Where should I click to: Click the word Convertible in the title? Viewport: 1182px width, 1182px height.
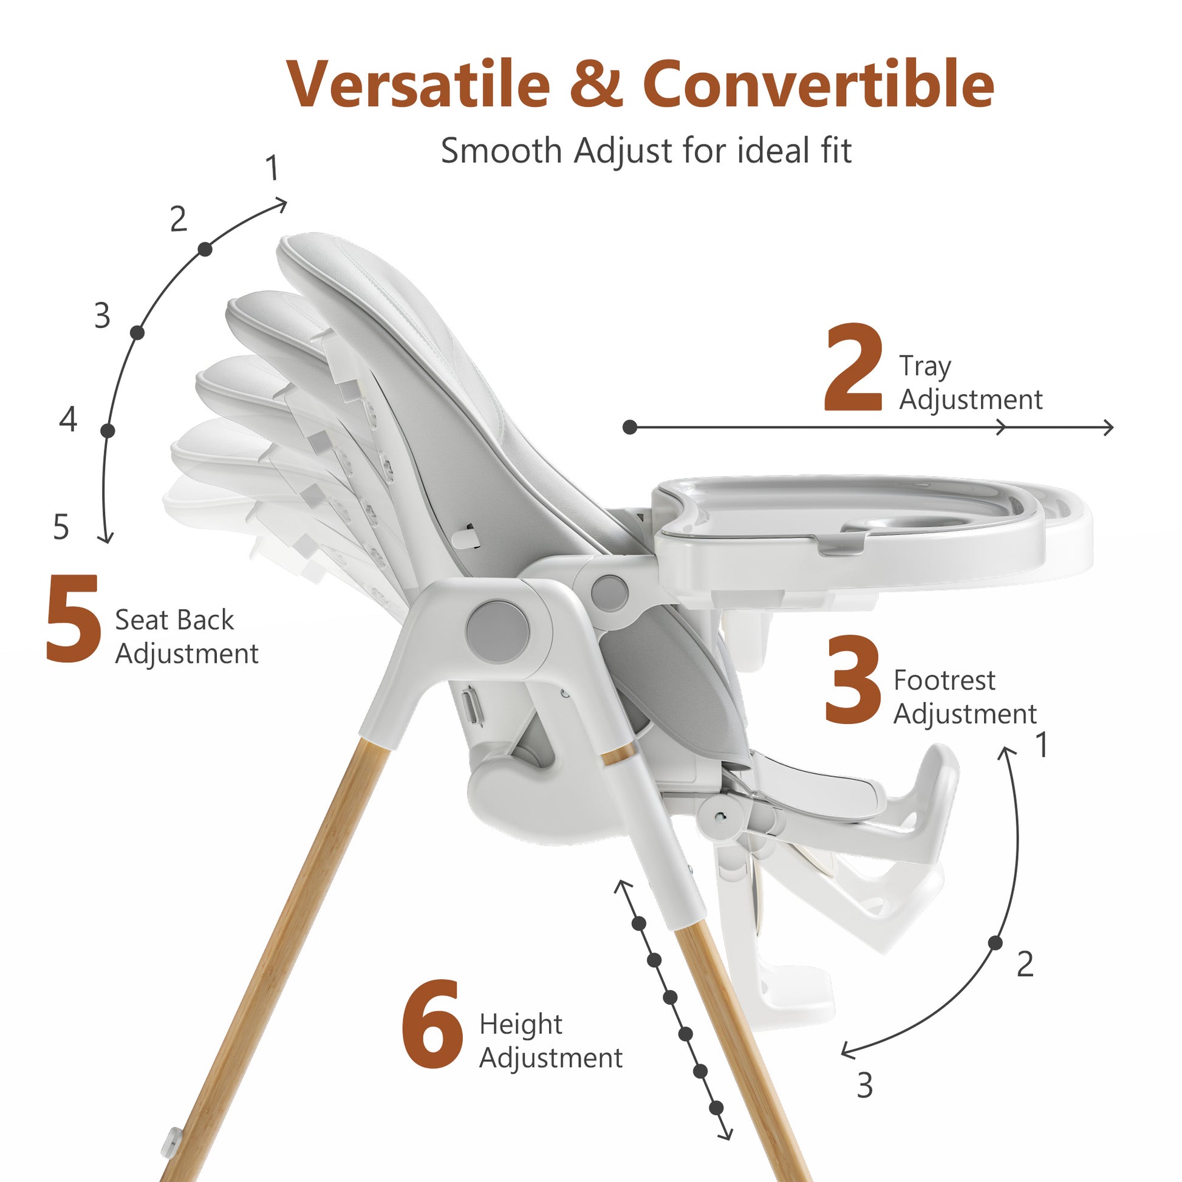point(819,84)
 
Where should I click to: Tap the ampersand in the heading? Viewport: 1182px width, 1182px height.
point(596,84)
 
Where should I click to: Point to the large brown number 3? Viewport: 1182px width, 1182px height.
point(852,680)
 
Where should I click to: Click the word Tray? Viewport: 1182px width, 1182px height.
point(925,367)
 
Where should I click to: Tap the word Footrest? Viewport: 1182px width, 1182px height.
point(944,680)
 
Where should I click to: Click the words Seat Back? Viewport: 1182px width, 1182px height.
point(174,620)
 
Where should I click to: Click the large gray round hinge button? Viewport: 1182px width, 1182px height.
point(498,631)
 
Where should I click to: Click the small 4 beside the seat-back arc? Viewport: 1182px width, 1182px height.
point(69,420)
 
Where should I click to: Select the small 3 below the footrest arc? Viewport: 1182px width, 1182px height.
point(864,1086)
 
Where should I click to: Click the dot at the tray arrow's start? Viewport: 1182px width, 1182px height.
point(630,427)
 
